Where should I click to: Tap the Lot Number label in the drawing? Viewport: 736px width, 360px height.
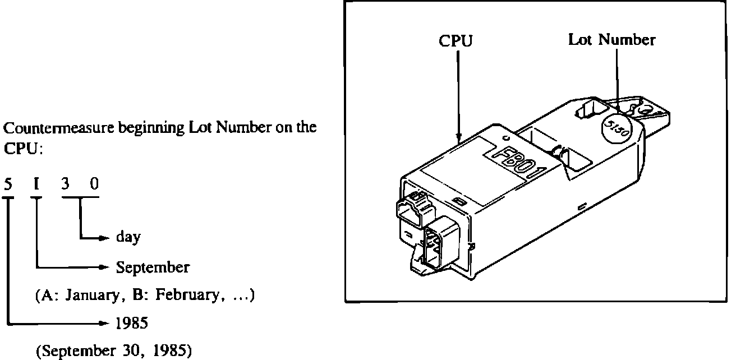[x=611, y=40]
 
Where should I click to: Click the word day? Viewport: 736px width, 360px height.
[x=128, y=238]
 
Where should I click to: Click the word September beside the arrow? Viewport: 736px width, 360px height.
[x=153, y=267]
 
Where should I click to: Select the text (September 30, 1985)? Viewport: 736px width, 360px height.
[x=114, y=352]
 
